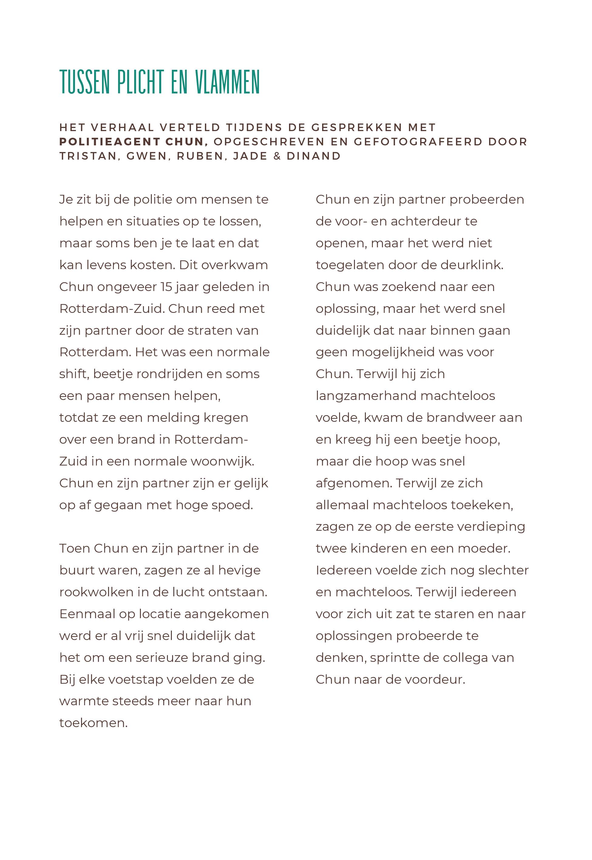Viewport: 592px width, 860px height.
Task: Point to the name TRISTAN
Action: pos(88,156)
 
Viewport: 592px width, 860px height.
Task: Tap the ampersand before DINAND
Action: pos(277,156)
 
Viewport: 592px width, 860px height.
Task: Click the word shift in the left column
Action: pos(73,374)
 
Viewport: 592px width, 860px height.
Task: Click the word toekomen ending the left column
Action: pos(93,723)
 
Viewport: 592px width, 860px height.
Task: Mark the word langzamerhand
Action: pos(365,396)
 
